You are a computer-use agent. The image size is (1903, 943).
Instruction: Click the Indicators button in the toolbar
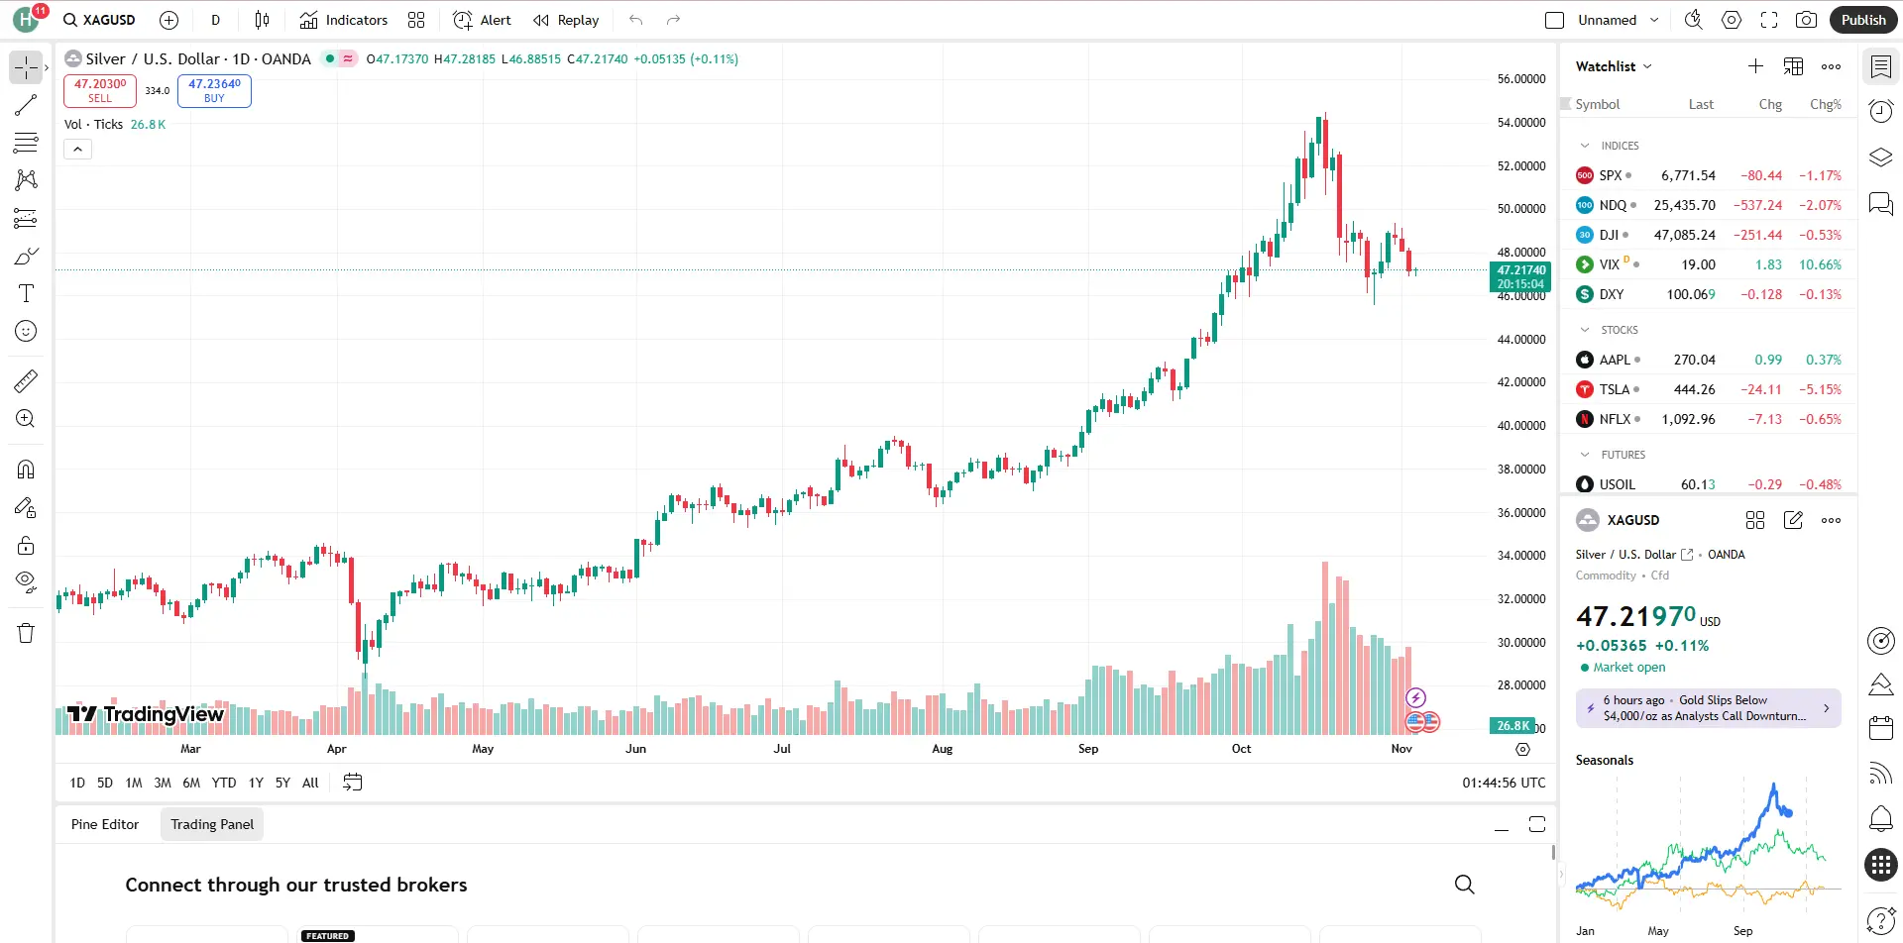point(344,20)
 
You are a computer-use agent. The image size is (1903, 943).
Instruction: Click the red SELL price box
point(100,90)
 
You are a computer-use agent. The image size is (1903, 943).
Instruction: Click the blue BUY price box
point(214,90)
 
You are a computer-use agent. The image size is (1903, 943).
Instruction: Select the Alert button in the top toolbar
point(483,20)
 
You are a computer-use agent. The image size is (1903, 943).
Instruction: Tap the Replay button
point(566,20)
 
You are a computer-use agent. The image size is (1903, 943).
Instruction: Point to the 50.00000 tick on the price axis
point(1520,209)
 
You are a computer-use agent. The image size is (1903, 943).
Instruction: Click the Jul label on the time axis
point(782,749)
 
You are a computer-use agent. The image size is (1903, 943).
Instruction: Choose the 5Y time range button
point(282,783)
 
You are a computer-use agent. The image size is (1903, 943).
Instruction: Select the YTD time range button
point(224,783)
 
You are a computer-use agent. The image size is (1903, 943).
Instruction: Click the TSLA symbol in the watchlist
point(1615,389)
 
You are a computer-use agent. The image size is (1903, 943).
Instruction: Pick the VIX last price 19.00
point(1698,264)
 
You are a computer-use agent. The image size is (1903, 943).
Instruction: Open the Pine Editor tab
point(105,824)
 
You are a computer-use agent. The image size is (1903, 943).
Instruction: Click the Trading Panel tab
point(212,824)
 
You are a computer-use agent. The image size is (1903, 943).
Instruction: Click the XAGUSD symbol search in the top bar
point(99,20)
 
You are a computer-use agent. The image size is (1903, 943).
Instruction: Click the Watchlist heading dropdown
point(1614,66)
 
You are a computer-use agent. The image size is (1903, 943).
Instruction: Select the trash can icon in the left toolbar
point(26,633)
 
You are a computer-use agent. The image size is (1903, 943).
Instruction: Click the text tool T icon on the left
point(26,293)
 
